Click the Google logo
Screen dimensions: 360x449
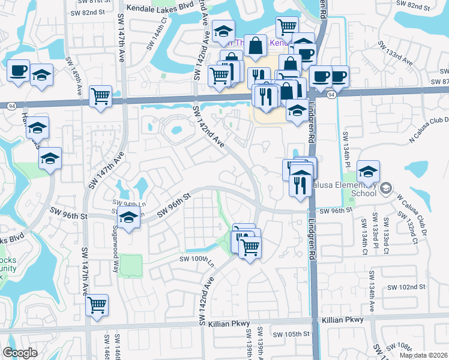click(20, 353)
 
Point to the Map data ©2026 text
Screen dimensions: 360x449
click(423, 355)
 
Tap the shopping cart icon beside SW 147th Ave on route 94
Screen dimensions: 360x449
click(100, 95)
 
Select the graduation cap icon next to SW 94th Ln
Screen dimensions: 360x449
click(128, 218)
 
